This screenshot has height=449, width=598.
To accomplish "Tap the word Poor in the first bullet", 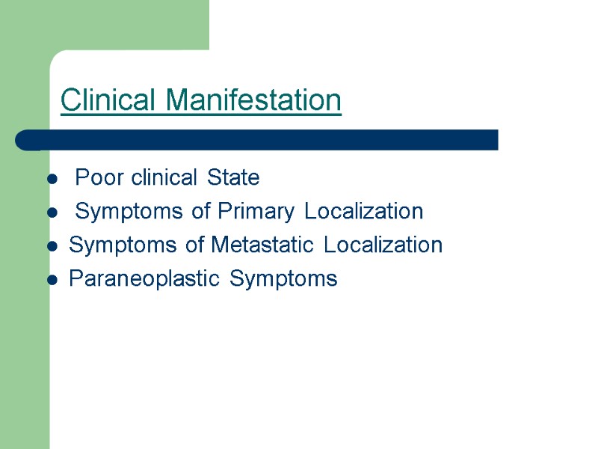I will [100, 178].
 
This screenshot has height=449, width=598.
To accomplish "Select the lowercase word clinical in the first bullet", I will [164, 178].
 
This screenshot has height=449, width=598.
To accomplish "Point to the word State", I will [233, 178].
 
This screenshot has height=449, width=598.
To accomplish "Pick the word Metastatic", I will [265, 245].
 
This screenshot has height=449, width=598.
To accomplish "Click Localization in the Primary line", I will [364, 212].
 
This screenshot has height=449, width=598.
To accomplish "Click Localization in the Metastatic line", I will [383, 245].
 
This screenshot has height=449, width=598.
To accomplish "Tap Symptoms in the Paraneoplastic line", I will [283, 279].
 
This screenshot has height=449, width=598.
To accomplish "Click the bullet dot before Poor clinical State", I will [52, 180].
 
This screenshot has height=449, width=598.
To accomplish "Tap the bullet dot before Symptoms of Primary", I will [52, 213].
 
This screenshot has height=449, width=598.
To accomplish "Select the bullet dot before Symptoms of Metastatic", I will [52, 246].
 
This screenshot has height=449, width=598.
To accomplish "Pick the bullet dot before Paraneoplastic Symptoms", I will [52, 280].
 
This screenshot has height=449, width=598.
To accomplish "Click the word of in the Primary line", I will [202, 212].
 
